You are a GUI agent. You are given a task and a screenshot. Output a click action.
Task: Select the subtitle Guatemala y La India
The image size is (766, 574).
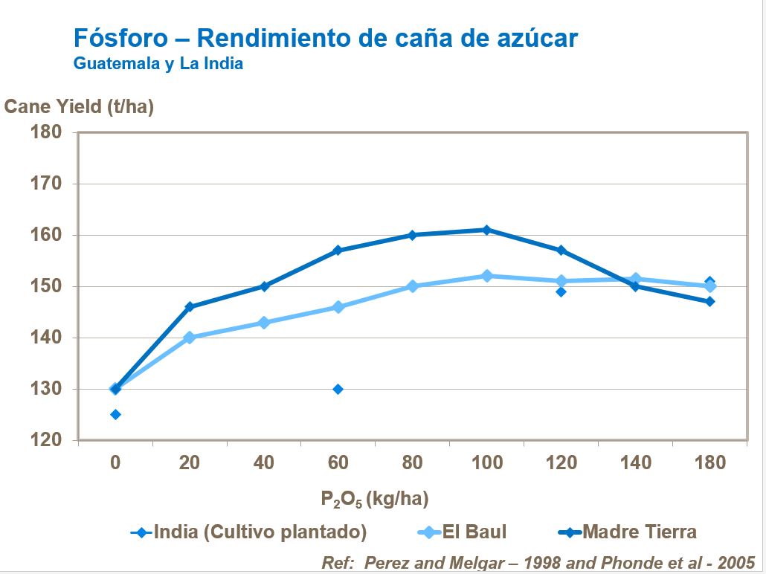(x=158, y=63)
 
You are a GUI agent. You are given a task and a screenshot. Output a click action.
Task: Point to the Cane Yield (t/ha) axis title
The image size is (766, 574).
(x=79, y=106)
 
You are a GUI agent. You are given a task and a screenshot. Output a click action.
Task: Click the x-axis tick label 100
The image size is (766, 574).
(x=486, y=462)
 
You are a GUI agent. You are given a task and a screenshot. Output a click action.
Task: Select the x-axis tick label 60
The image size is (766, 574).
(x=338, y=462)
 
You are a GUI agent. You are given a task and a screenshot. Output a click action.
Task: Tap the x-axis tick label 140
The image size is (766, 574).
(x=635, y=462)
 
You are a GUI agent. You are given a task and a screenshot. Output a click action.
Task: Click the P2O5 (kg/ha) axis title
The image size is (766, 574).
(x=375, y=498)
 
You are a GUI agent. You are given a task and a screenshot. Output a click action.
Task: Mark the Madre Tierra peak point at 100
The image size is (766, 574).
(x=486, y=230)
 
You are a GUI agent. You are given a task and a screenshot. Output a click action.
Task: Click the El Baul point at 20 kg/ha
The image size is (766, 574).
(x=189, y=338)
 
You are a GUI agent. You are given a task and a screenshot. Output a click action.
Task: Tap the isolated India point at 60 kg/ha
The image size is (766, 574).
(x=338, y=389)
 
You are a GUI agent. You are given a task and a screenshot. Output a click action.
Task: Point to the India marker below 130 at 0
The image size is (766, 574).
(x=115, y=414)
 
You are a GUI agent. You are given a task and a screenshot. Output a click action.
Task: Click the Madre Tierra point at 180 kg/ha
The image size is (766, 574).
(x=710, y=301)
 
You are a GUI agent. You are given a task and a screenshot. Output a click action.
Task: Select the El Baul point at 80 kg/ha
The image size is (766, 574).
(x=412, y=286)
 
